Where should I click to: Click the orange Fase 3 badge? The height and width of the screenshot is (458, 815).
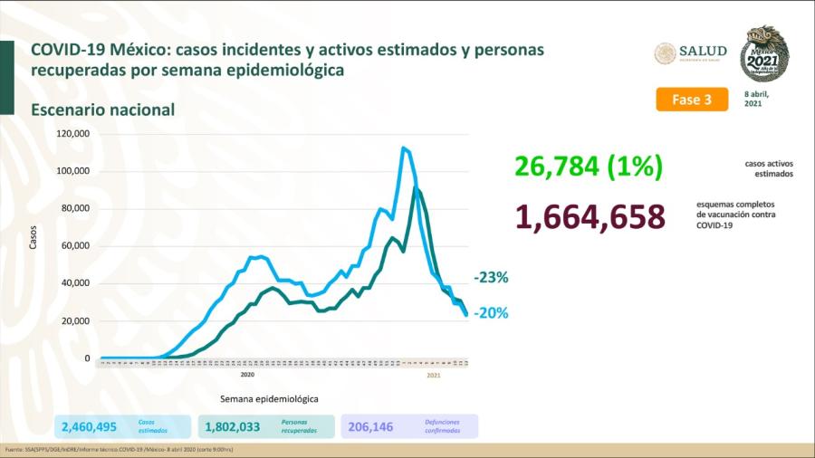(692, 100)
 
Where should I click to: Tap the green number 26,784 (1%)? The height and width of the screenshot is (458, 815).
(590, 167)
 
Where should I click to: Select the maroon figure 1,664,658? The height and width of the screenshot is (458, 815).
(590, 217)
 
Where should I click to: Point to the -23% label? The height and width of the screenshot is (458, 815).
(491, 278)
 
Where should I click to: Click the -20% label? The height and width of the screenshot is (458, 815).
(491, 313)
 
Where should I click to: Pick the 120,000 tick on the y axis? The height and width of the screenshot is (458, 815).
(72, 133)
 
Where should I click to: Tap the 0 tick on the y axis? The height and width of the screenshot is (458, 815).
(87, 358)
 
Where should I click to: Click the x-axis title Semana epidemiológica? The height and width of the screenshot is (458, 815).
(269, 398)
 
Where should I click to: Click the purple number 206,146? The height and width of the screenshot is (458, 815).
(371, 426)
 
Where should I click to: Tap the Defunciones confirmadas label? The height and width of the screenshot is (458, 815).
(442, 426)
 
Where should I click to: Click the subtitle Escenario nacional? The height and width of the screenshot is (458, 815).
(102, 110)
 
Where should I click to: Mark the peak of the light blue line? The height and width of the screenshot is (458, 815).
(403, 148)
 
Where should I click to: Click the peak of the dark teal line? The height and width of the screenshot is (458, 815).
(416, 187)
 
